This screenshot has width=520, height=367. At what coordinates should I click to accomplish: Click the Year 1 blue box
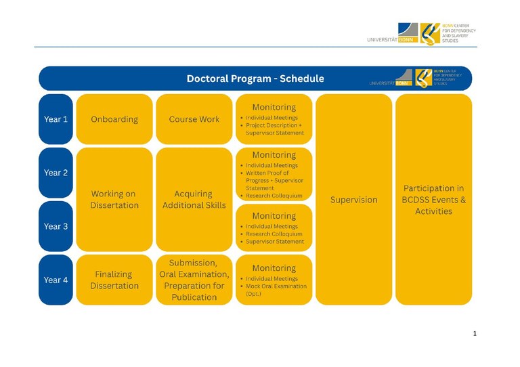[x=56, y=119]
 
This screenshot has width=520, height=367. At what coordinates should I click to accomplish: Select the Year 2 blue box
[x=56, y=173]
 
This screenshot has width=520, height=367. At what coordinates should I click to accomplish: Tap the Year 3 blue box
[x=56, y=226]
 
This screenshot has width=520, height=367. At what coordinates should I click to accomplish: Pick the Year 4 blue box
[x=56, y=280]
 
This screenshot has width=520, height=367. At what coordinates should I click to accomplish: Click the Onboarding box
[x=114, y=119]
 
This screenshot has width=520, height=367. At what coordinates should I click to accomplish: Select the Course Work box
[x=194, y=119]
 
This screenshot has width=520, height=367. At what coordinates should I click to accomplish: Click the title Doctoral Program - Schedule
[x=255, y=79]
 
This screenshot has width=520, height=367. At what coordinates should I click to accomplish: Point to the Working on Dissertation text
[x=114, y=199]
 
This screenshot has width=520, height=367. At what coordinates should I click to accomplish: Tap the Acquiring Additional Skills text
[x=194, y=199]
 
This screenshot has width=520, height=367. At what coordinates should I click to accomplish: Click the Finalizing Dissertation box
[x=114, y=280]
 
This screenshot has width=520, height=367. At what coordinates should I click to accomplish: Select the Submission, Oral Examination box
[x=194, y=280]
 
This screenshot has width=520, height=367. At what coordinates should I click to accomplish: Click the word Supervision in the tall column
[x=353, y=200]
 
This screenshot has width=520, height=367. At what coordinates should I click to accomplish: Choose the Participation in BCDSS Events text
[x=433, y=200]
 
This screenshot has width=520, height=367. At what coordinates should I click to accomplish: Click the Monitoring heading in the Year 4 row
[x=274, y=268]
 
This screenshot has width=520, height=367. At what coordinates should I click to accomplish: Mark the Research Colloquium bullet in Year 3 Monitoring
[x=274, y=234]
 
